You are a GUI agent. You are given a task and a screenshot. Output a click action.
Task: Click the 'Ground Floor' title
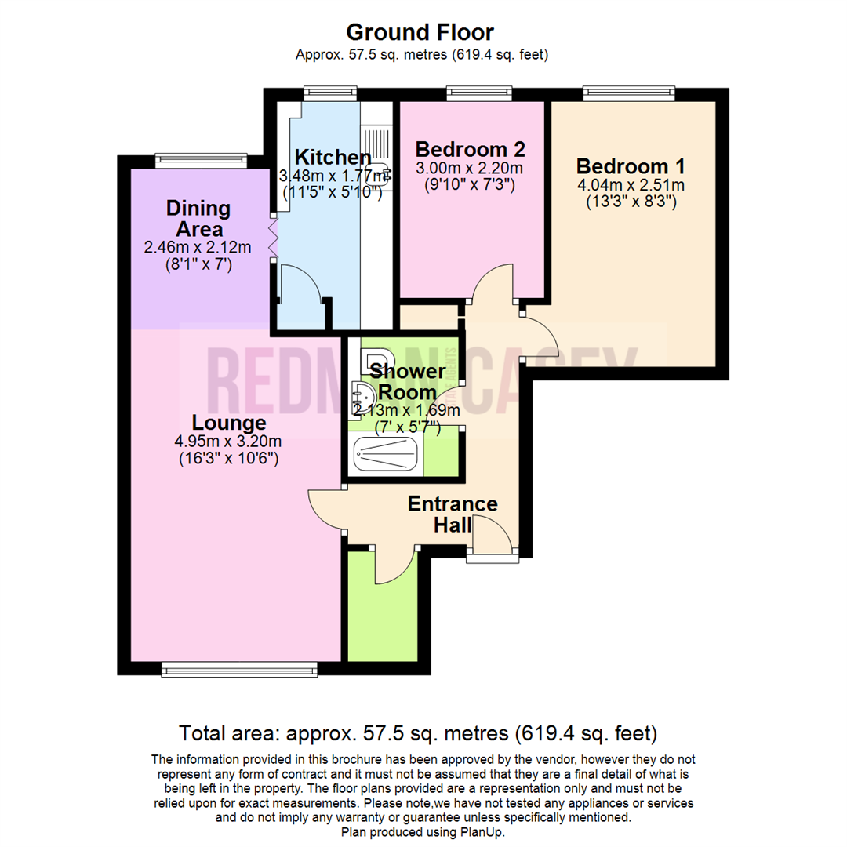click(x=420, y=32)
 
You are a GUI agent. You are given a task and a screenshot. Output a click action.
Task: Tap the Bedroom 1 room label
click(x=631, y=166)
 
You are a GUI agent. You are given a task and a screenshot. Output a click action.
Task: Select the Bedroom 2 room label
click(x=469, y=149)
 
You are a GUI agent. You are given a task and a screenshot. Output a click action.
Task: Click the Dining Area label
click(x=198, y=219)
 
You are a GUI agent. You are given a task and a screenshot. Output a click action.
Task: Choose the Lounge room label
click(x=228, y=423)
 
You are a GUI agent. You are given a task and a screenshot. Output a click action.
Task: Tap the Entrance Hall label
click(x=452, y=514)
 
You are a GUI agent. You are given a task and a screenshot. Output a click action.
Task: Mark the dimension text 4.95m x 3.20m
click(x=228, y=442)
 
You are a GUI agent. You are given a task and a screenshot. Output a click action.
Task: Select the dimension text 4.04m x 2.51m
click(x=631, y=186)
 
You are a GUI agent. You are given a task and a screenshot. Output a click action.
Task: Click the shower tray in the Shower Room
click(x=387, y=455)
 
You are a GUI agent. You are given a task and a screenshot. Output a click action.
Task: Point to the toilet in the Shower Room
click(x=375, y=359)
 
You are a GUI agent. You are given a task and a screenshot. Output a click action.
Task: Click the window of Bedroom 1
click(x=629, y=93)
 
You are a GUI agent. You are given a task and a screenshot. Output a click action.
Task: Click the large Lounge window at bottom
click(x=239, y=668)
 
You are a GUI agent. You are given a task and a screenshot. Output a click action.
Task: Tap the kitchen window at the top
click(x=329, y=93)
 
